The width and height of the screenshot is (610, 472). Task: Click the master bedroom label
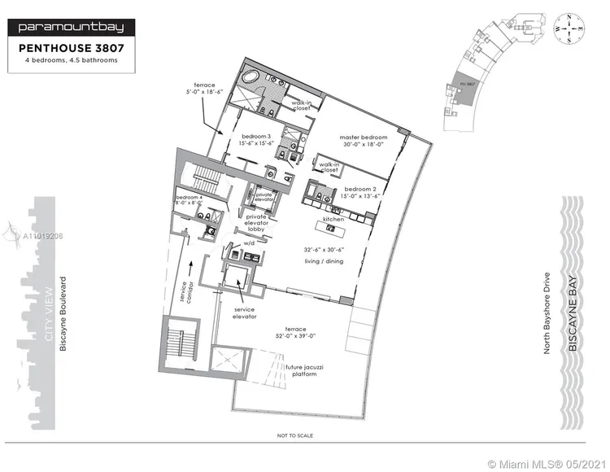click(x=364, y=138)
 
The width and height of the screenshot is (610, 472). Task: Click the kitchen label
click(x=333, y=220)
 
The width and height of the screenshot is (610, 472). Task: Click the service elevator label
click(x=244, y=312)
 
